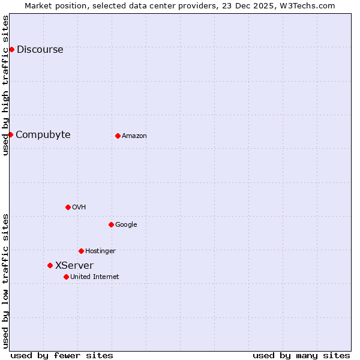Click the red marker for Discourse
pyautogui.click(x=11, y=49)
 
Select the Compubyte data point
pyautogui.click(x=10, y=134)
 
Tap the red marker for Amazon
pyautogui.click(x=118, y=136)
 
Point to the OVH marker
pyautogui.click(x=68, y=207)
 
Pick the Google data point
pyautogui.click(x=111, y=224)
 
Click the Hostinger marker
pyautogui.click(x=81, y=251)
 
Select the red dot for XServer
pyautogui.click(x=50, y=265)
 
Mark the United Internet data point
pyautogui.click(x=66, y=277)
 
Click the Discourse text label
pyautogui.click(x=40, y=50)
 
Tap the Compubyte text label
pyautogui.click(x=43, y=135)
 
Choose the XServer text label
pyautogui.click(x=74, y=266)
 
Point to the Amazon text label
pyautogui.click(x=134, y=136)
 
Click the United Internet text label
pyautogui.click(x=95, y=277)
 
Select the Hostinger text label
pyautogui.click(x=100, y=251)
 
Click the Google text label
pyautogui.click(x=126, y=225)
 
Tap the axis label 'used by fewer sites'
pyautogui.click(x=62, y=356)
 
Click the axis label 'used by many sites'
pyautogui.click(x=301, y=356)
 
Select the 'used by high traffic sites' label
pyautogui.click(x=6, y=85)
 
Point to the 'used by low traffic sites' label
pyautogui.click(x=6, y=281)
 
